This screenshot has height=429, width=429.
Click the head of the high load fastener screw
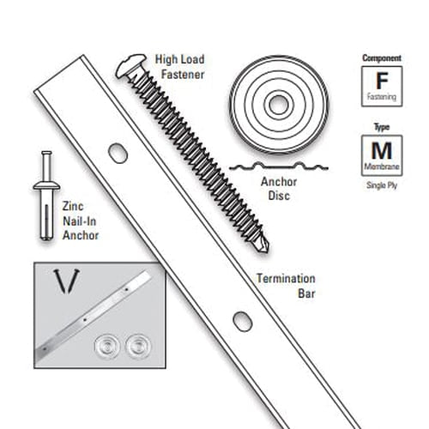[x=130, y=66]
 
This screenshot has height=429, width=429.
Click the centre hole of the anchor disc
[x=279, y=105]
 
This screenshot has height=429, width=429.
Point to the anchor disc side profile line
[x=279, y=166]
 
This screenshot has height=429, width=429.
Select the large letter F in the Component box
[x=382, y=81]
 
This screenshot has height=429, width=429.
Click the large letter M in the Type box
[x=382, y=150]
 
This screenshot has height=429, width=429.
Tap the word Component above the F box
[x=382, y=58]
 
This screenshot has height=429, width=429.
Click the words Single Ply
[x=382, y=185]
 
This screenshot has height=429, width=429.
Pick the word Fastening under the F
[x=382, y=97]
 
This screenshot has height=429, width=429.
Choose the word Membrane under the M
[x=382, y=166]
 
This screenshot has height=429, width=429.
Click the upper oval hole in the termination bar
[x=118, y=154]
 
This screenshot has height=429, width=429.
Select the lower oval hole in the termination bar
[x=243, y=322]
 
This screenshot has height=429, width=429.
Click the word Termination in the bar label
[x=286, y=279]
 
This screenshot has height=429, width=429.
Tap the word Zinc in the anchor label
[x=73, y=206]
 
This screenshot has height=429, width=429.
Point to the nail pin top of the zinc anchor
[x=46, y=154]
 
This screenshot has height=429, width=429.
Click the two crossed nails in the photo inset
[x=67, y=281]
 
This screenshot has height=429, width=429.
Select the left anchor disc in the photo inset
[x=107, y=347]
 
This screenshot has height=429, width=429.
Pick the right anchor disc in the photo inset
[x=138, y=346]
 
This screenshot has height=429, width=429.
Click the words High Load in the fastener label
[x=179, y=60]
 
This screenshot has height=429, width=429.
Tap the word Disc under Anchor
[x=279, y=196]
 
